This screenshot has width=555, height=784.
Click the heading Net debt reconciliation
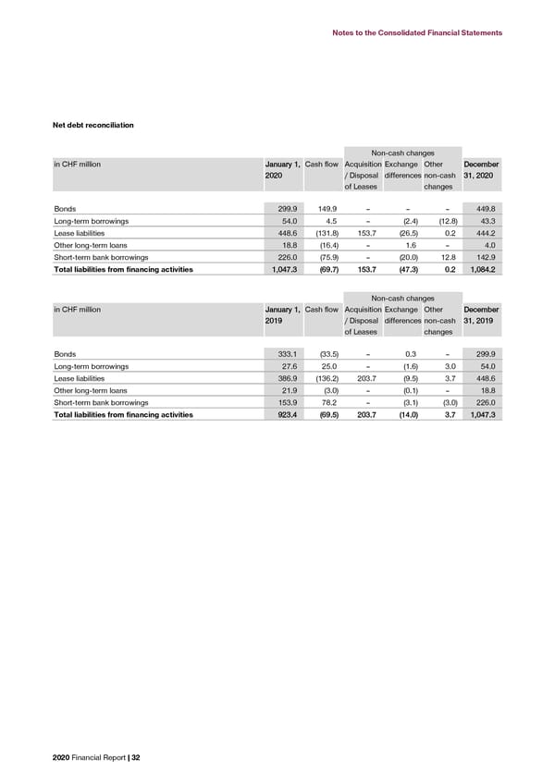tap(93, 125)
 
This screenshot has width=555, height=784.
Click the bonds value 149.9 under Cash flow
tap(322, 208)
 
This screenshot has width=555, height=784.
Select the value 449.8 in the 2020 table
tap(485, 208)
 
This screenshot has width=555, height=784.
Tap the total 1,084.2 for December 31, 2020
tap(481, 270)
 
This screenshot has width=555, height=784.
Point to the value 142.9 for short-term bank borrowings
tap(485, 258)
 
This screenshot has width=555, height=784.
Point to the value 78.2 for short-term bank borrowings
tap(324, 403)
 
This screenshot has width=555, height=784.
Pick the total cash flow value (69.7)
tap(321, 270)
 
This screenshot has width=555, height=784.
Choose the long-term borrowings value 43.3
tap(487, 221)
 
